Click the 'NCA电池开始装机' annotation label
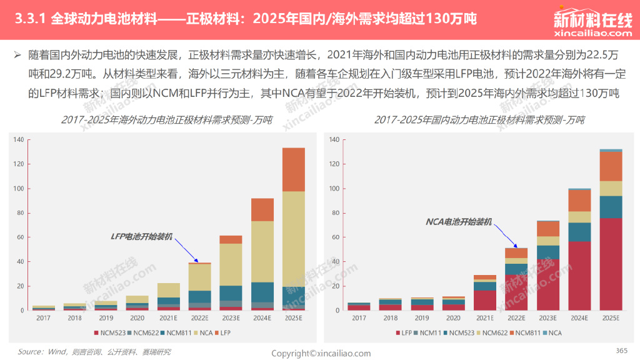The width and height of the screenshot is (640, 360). (459, 221)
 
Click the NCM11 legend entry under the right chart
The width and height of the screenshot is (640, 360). (430, 333)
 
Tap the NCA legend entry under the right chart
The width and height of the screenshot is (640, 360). (552, 333)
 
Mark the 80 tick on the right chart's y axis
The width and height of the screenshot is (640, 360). (336, 212)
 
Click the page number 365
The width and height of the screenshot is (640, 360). (621, 349)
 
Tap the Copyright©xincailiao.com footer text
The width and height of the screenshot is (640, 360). (321, 353)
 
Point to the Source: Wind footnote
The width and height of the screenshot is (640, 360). (94, 352)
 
